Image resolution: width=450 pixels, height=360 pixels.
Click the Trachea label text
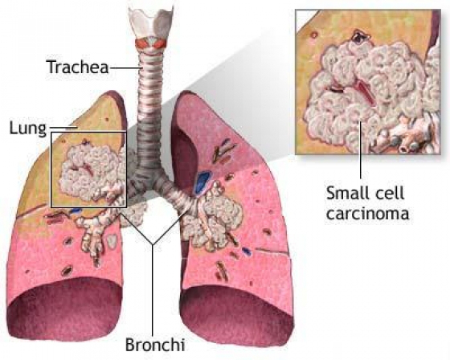point(78,67)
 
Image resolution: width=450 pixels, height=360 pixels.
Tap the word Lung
point(27,128)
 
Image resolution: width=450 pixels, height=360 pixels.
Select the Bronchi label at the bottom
point(154,344)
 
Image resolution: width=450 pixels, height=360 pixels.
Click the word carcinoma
point(368,214)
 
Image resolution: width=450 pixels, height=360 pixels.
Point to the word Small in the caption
point(346,193)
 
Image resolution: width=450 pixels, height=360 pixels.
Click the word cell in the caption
point(389,193)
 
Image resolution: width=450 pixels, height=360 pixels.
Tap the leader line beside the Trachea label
point(126,67)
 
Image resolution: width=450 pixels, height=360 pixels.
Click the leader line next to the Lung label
point(63,128)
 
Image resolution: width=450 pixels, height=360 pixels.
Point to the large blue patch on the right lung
point(203,181)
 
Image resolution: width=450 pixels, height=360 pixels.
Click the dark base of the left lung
point(64,309)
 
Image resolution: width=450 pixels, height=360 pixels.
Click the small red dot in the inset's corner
point(314,35)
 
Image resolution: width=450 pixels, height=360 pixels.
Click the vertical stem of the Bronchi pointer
point(153,290)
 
